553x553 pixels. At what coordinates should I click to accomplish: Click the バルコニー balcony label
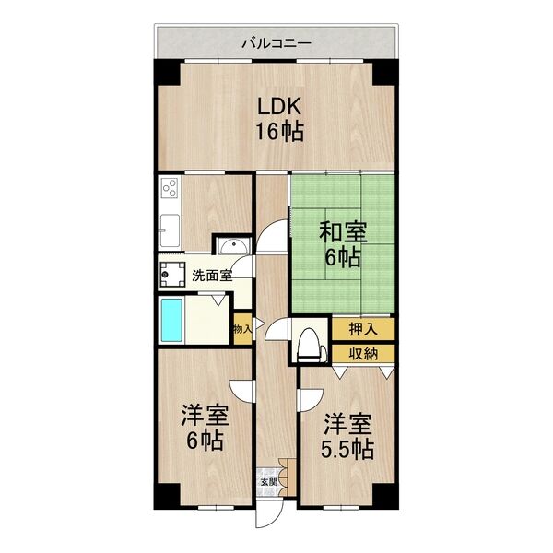coord(276,42)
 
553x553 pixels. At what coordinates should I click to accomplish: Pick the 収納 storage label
coord(361,352)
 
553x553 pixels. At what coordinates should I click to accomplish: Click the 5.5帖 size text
coord(347,451)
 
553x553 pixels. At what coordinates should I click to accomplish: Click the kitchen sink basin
coord(170,229)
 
